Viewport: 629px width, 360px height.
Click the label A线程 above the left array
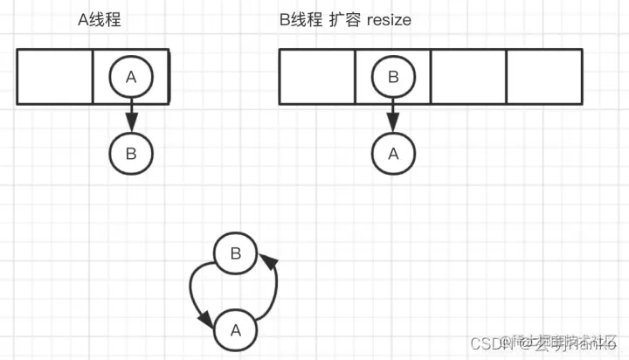(99, 19)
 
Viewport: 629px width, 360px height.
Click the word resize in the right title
(383, 19)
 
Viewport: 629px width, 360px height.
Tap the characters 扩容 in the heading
(344, 19)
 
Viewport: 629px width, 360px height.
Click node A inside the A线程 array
(131, 77)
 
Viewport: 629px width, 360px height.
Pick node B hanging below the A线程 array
(131, 154)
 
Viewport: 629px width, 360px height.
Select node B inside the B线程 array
(392, 77)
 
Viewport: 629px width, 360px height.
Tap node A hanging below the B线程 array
(392, 154)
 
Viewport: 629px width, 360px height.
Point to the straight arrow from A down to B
(131, 114)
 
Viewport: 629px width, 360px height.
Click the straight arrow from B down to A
(392, 114)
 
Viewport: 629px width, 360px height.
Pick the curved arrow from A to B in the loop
(273, 293)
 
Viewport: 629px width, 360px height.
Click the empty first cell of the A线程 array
(55, 77)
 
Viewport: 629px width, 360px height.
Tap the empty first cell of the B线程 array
(317, 77)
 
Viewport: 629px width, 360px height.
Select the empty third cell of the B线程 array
(468, 77)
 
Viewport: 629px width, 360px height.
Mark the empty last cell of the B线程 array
(543, 77)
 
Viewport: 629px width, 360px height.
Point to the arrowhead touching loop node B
(270, 263)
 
